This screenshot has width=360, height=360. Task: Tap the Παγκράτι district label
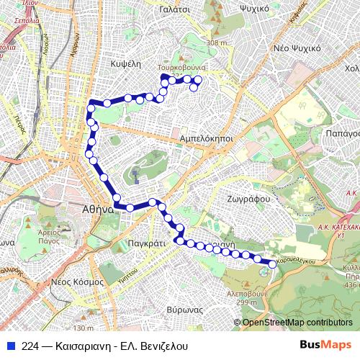pos(146,244)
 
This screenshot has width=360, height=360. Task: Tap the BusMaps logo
pos(326,345)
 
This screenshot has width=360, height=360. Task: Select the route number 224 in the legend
pos(30,346)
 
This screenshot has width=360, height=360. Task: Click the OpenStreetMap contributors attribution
pos(297,323)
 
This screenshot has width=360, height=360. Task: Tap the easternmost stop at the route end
pos(272,264)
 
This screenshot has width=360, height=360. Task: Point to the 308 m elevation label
pos(216,43)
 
